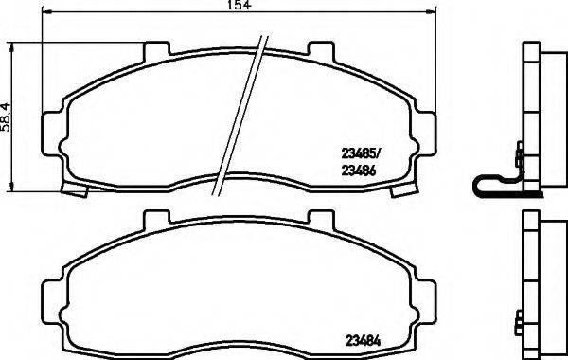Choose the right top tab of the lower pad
pyautogui.click(x=321, y=220)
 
